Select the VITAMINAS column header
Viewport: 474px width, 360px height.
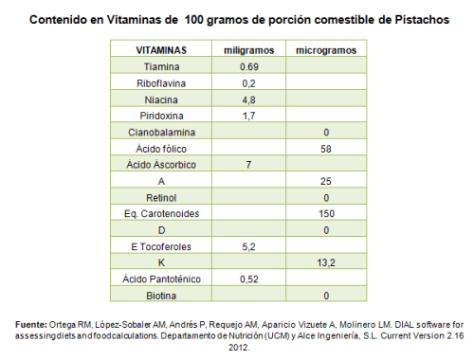click(x=161, y=49)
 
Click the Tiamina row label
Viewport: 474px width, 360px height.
click(x=161, y=67)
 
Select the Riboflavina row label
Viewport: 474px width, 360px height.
click(x=161, y=83)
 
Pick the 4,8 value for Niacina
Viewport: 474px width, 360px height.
click(x=246, y=99)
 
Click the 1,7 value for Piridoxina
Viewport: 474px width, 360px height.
click(x=246, y=116)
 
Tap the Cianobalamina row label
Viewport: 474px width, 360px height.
click(x=161, y=132)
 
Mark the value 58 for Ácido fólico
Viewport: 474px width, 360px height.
click(x=325, y=149)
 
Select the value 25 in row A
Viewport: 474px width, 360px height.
click(x=325, y=181)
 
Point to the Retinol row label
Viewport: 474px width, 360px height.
click(x=161, y=197)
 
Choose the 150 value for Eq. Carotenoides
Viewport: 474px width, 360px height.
click(x=325, y=213)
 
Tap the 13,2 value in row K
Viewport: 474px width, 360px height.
click(x=325, y=262)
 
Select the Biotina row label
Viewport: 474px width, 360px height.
click(x=161, y=295)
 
